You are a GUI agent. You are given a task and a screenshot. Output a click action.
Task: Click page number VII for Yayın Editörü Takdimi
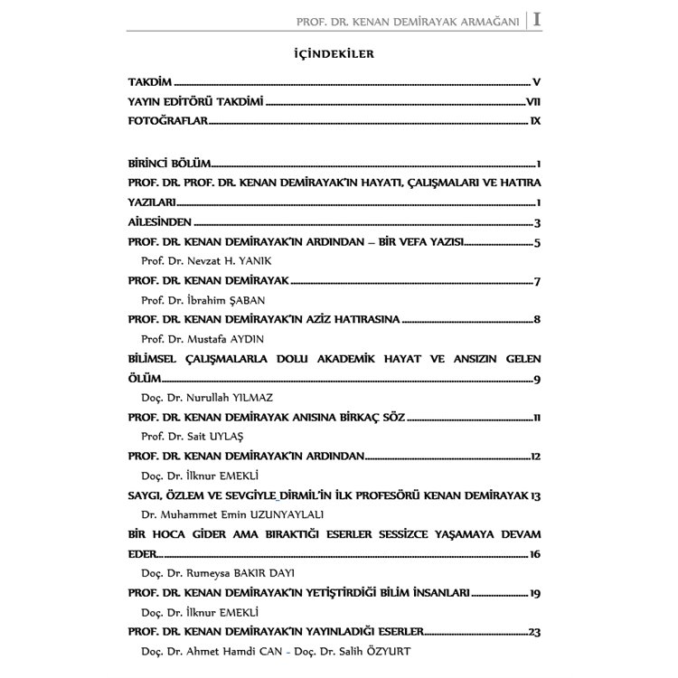[x=532, y=102]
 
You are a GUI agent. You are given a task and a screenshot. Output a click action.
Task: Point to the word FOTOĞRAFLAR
[x=168, y=121]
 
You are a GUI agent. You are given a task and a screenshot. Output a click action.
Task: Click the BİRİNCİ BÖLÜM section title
[x=170, y=164]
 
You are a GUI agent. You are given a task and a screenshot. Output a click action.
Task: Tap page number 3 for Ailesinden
[x=536, y=223]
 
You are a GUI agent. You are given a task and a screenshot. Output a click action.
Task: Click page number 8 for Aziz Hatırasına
[x=536, y=320]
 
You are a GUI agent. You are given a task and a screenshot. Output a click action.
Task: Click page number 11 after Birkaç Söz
[x=536, y=418]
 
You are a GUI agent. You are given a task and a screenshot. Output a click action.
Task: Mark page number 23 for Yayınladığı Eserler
[x=534, y=632]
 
